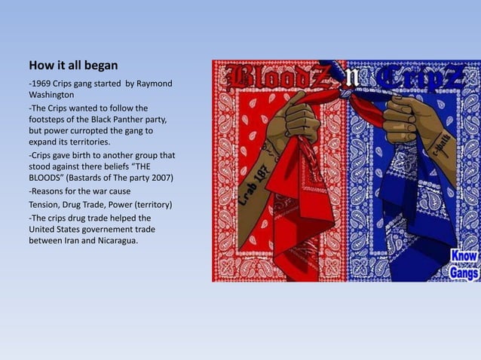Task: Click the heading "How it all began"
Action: coord(73,65)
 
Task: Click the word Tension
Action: coord(47,203)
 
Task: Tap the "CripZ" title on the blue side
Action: coord(422,78)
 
